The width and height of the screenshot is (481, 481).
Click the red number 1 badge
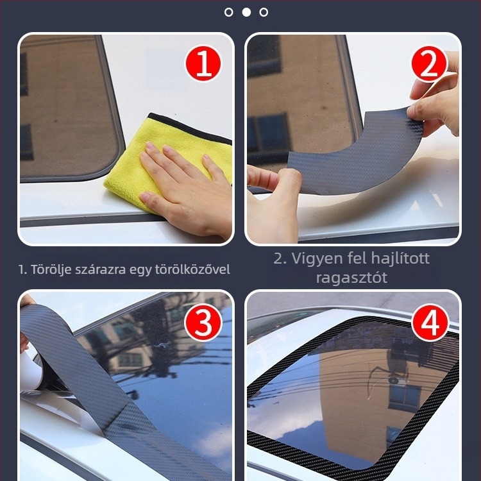(203, 63)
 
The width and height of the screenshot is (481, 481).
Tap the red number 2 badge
(430, 63)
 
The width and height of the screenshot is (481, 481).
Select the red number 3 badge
(203, 322)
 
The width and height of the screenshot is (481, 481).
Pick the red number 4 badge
(430, 322)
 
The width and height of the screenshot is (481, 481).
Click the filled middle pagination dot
(246, 12)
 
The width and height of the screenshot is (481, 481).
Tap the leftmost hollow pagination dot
(228, 12)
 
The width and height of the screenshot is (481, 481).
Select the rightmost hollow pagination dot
(264, 12)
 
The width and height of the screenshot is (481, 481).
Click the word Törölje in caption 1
(51, 269)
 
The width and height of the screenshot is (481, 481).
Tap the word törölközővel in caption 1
(192, 269)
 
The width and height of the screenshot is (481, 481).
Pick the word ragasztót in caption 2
(351, 278)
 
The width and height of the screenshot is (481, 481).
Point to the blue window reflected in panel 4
(405, 398)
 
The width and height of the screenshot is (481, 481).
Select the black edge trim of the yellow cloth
(190, 128)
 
